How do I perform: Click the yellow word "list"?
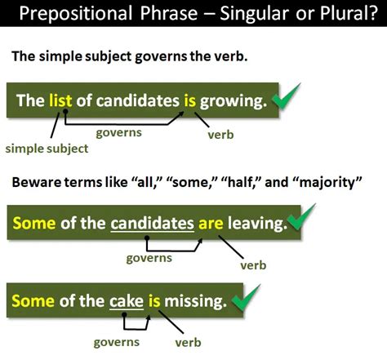click(x=60, y=100)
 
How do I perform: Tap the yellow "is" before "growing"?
click(x=189, y=100)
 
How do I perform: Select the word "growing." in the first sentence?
click(x=234, y=101)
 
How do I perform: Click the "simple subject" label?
click(x=47, y=149)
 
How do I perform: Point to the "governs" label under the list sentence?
click(x=119, y=132)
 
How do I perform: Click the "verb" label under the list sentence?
click(x=220, y=135)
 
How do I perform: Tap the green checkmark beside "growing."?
click(x=286, y=96)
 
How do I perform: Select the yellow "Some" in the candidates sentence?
click(x=34, y=223)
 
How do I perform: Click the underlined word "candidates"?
click(x=153, y=224)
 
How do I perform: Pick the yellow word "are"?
click(x=211, y=224)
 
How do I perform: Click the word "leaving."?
click(x=257, y=224)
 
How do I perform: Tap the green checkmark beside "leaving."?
click(x=301, y=217)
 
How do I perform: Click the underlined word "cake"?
click(x=127, y=301)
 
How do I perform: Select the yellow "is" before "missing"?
click(x=154, y=301)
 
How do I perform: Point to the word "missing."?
click(x=196, y=301)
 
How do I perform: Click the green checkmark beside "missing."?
click(x=246, y=298)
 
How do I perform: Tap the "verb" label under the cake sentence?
click(x=188, y=343)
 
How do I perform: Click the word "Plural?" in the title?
click(x=349, y=13)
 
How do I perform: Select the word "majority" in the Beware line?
click(x=329, y=182)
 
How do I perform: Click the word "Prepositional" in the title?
click(x=76, y=14)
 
